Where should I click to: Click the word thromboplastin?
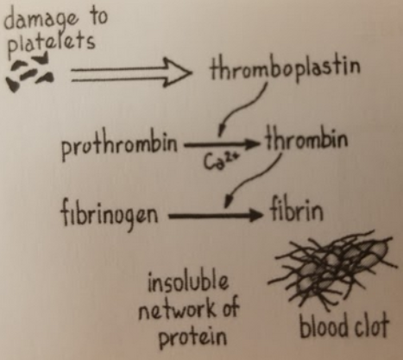(x=285, y=68)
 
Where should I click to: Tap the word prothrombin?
(x=119, y=144)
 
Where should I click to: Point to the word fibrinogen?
(x=110, y=213)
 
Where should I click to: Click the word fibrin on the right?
(x=297, y=209)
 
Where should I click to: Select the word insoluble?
(x=188, y=281)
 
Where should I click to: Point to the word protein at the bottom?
(x=192, y=336)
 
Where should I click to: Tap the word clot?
(x=370, y=325)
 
